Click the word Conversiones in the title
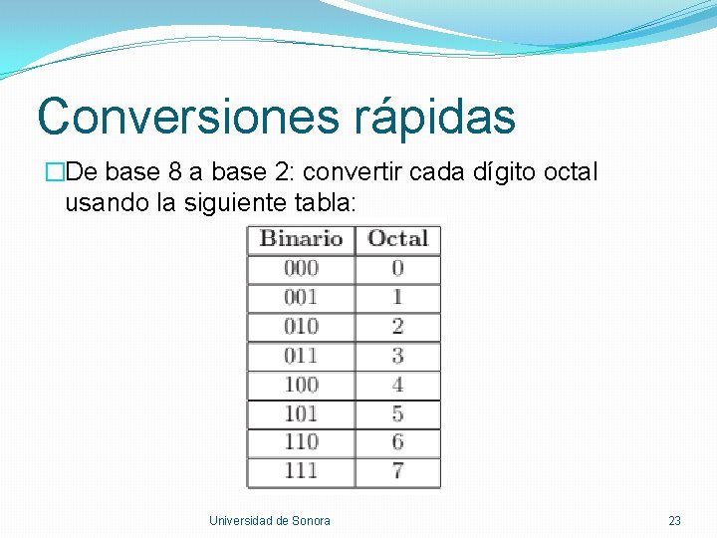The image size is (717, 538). tap(188, 116)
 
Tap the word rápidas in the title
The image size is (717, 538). tap(435, 116)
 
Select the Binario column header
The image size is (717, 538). tap(301, 239)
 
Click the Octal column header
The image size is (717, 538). tap(397, 239)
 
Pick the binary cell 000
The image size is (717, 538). tap(301, 268)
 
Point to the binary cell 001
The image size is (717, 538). tap(301, 297)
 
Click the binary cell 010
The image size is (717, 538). tap(301, 326)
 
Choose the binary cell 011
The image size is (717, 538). tap(301, 355)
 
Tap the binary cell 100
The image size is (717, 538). tap(301, 384)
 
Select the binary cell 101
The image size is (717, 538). tap(301, 412)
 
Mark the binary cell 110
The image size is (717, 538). tap(301, 441)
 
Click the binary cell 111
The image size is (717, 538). tap(301, 470)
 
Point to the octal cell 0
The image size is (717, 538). tap(397, 268)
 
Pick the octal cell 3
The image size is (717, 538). tap(397, 355)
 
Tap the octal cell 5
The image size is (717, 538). tap(397, 412)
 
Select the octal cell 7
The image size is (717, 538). tap(397, 470)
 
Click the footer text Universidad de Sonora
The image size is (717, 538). tap(270, 521)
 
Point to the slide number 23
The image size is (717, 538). tap(674, 521)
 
